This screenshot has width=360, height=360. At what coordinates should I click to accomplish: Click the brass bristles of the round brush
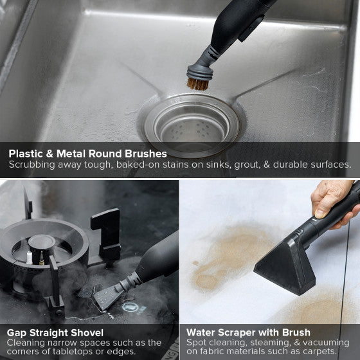pyautogui.click(x=198, y=84)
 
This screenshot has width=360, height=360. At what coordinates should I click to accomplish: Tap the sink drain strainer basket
pyautogui.click(x=192, y=125)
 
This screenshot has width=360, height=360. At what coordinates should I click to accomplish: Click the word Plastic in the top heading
pyautogui.click(x=26, y=154)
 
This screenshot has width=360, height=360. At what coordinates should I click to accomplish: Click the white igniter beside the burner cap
pyautogui.click(x=30, y=258)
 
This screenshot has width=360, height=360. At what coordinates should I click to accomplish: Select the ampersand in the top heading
pyautogui.click(x=50, y=154)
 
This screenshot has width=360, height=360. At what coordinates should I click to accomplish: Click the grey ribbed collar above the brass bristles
pyautogui.click(x=200, y=72)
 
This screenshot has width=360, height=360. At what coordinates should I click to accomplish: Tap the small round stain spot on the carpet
pyautogui.click(x=195, y=263)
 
